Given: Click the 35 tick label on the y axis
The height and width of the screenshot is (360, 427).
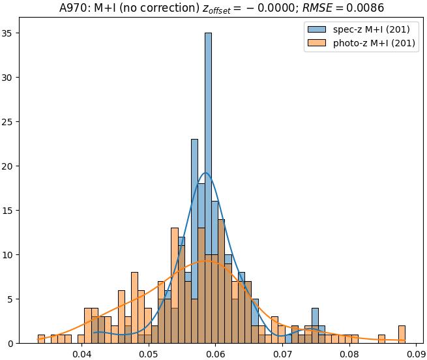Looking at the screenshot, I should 15,33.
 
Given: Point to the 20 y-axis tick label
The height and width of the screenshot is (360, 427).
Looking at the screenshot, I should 15,166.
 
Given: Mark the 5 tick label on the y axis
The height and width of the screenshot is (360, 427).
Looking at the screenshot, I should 18,299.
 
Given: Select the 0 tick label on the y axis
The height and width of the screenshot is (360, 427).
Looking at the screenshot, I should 18,344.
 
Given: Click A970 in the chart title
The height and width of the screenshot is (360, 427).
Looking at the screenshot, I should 62,8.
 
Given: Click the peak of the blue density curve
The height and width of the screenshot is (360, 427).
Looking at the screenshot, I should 206,173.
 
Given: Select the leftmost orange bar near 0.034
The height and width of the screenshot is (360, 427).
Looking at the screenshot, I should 41,339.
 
